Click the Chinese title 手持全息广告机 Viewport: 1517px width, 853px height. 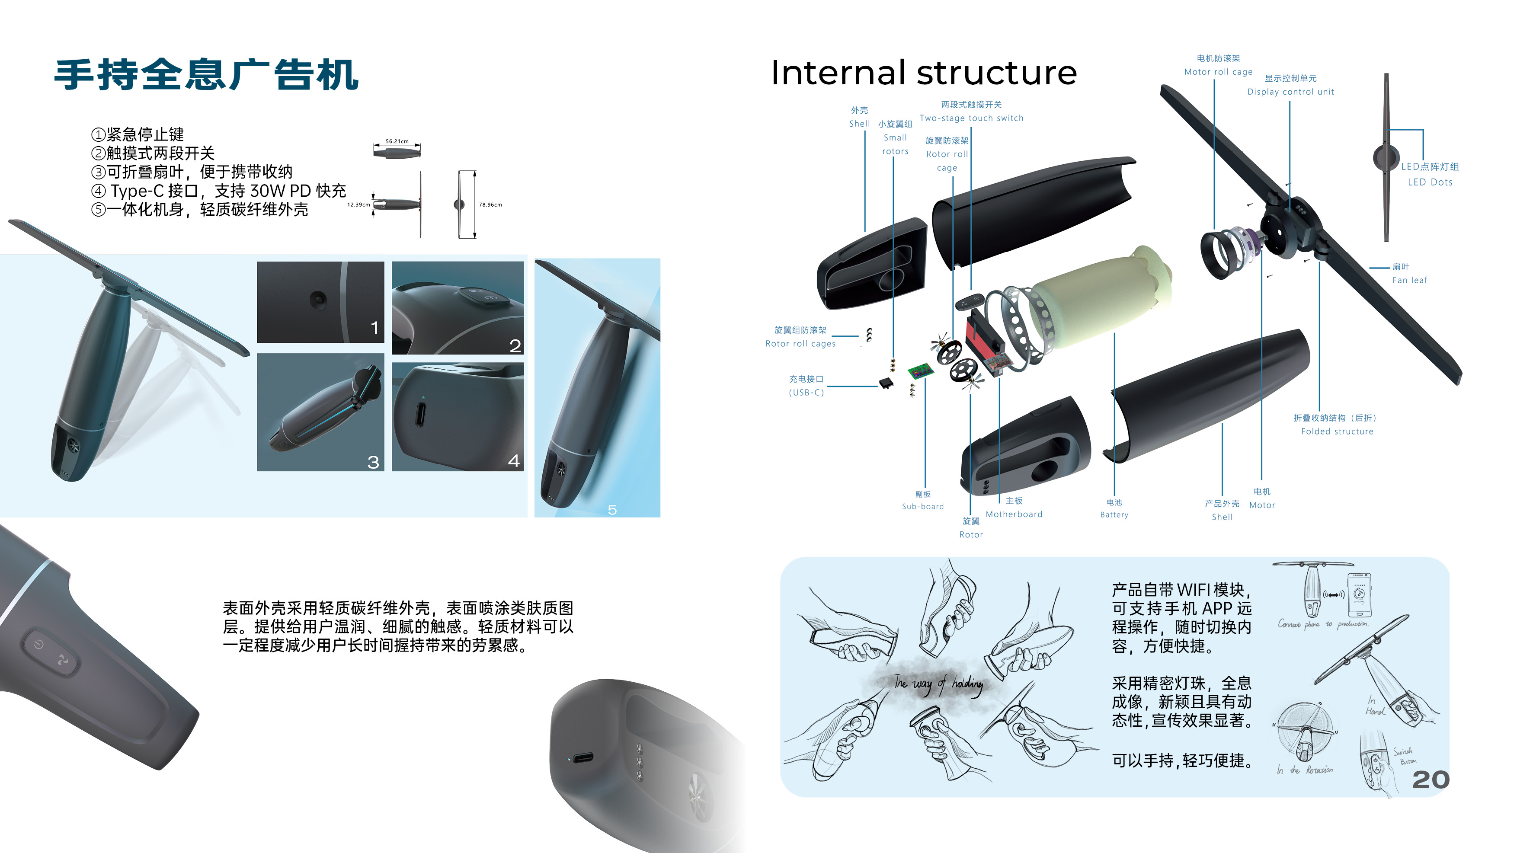point(206,75)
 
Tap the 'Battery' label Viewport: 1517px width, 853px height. point(1114,514)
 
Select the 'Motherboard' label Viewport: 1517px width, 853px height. point(1014,514)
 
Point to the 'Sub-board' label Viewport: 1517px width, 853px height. point(923,506)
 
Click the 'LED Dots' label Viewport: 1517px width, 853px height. point(1430,182)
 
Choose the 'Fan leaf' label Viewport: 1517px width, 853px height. point(1410,280)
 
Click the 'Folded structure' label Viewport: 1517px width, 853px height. point(1337,431)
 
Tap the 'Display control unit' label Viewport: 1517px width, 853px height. point(1290,92)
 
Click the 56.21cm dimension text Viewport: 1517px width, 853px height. point(397,141)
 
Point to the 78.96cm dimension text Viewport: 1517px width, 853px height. point(490,205)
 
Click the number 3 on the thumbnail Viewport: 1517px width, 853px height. point(373,462)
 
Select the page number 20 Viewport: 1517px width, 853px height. point(1431,780)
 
